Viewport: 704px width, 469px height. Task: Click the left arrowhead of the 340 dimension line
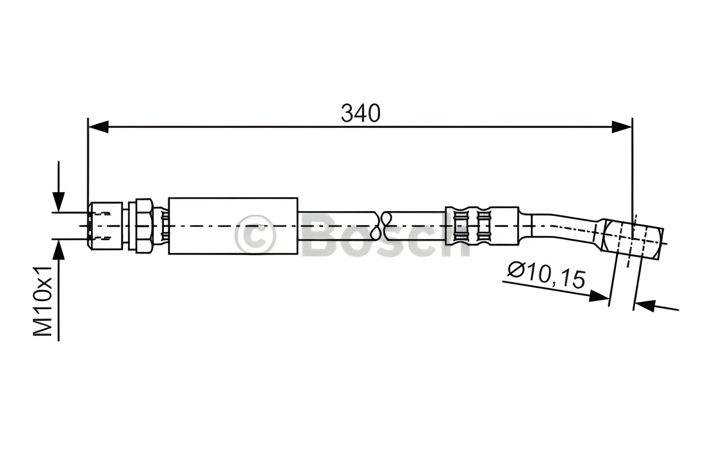click(x=99, y=127)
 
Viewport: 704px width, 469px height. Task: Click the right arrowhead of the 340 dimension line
click(x=622, y=127)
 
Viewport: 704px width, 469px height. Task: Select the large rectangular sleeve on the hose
click(x=233, y=225)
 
